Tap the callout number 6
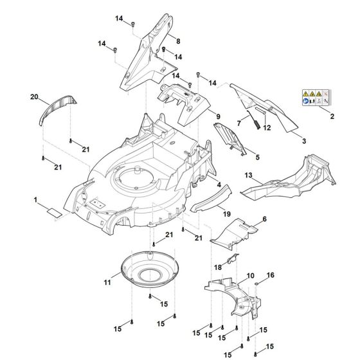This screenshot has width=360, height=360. click(264, 219)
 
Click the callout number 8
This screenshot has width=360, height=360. click(177, 40)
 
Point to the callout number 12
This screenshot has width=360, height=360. click(267, 127)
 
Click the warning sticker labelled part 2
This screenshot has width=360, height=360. click(315, 98)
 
